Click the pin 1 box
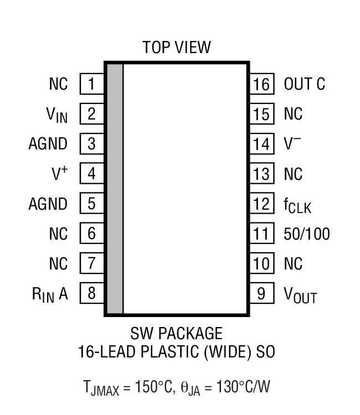click(91, 84)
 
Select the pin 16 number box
click(261, 84)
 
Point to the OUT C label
click(304, 84)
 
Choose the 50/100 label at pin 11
click(306, 234)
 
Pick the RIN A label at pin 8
click(49, 294)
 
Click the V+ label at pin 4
click(59, 174)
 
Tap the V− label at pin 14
click(292, 144)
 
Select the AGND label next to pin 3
click(48, 144)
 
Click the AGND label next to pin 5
click(48, 204)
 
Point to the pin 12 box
click(261, 204)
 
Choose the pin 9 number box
click(261, 294)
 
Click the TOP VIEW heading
click(177, 47)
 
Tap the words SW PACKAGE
click(176, 334)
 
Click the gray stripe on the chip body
click(115, 189)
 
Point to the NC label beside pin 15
click(293, 114)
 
